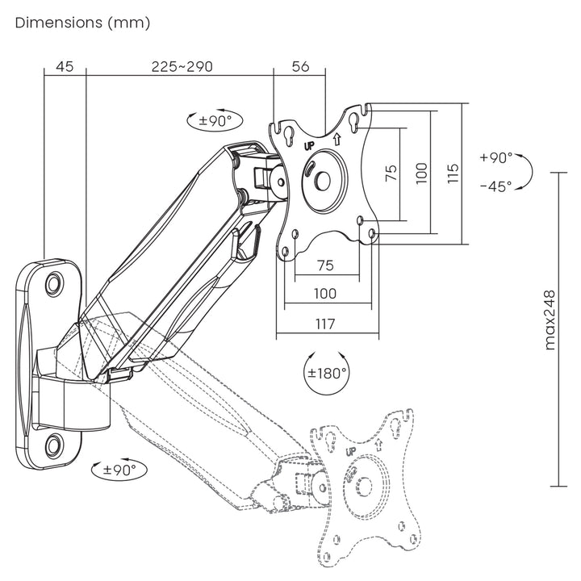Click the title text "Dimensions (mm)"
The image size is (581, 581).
tap(83, 23)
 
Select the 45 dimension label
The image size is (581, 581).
tap(65, 67)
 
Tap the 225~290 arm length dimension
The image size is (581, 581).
tap(182, 67)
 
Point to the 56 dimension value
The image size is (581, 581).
tap(300, 67)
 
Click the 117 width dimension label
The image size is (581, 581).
tap(326, 323)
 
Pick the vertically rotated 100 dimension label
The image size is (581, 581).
tap(420, 173)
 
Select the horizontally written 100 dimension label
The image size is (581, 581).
tap(326, 295)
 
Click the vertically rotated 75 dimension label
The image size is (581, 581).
tap(391, 173)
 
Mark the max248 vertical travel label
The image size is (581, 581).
tap(551, 320)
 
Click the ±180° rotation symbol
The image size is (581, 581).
tap(326, 373)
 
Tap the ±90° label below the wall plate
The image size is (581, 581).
tap(119, 469)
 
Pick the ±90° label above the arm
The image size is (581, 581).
tap(215, 121)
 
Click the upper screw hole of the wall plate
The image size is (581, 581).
tap(53, 283)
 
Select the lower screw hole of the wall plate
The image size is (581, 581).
tap(53, 444)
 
